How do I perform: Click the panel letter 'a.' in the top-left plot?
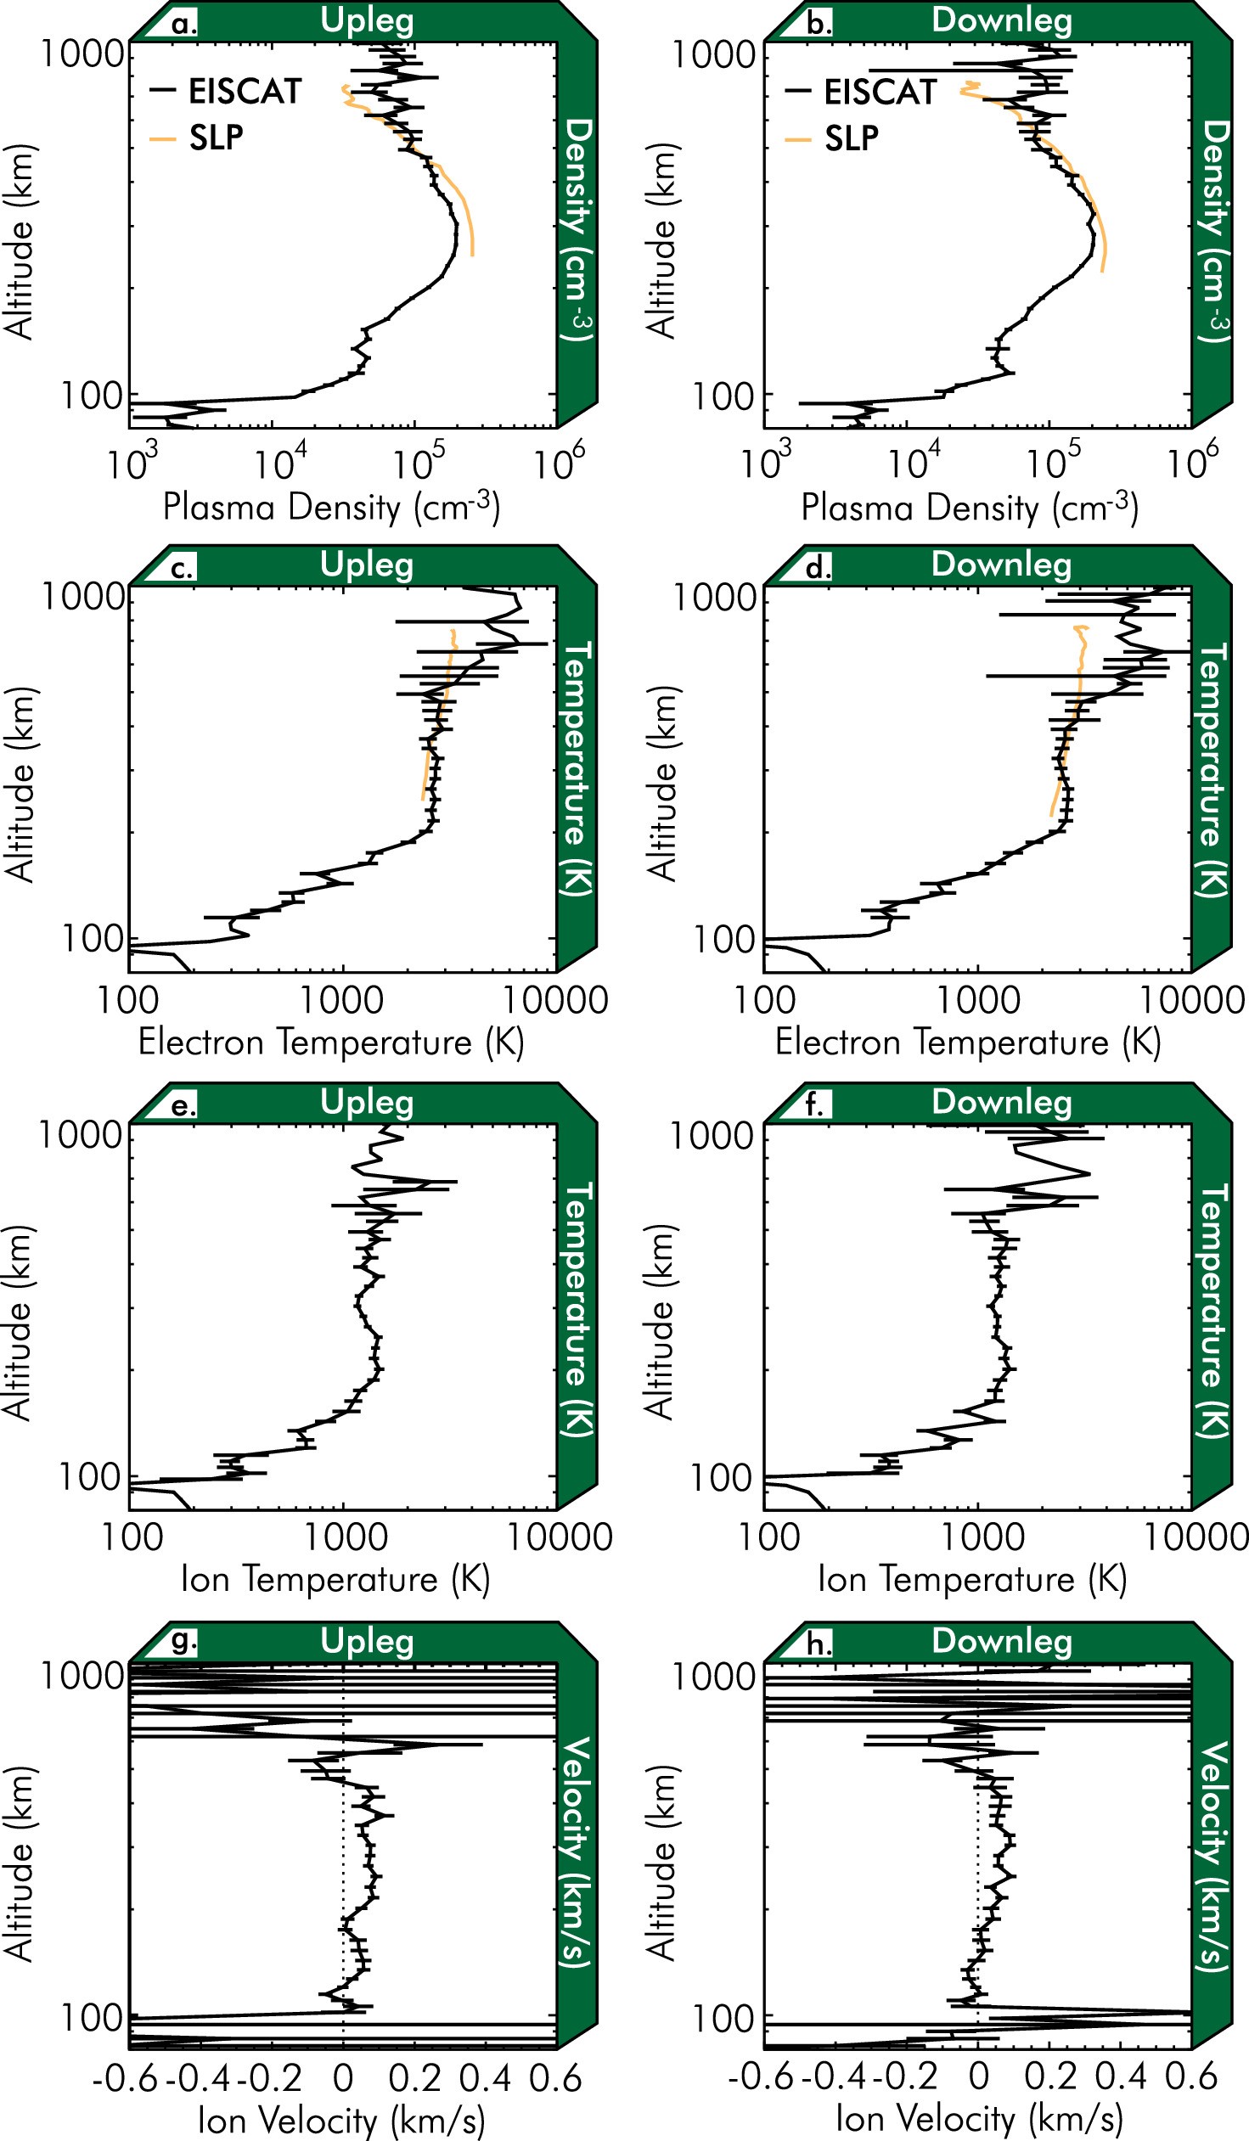(183, 24)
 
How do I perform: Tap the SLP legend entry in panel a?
(216, 138)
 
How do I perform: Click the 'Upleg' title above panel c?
(366, 565)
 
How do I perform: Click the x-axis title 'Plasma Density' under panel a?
(330, 507)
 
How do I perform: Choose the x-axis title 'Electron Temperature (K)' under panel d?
(967, 1042)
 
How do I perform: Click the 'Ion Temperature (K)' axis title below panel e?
(335, 1579)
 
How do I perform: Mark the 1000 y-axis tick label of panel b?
(714, 55)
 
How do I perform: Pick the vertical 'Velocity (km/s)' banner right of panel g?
(577, 1852)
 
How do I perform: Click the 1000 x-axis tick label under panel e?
(344, 1537)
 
